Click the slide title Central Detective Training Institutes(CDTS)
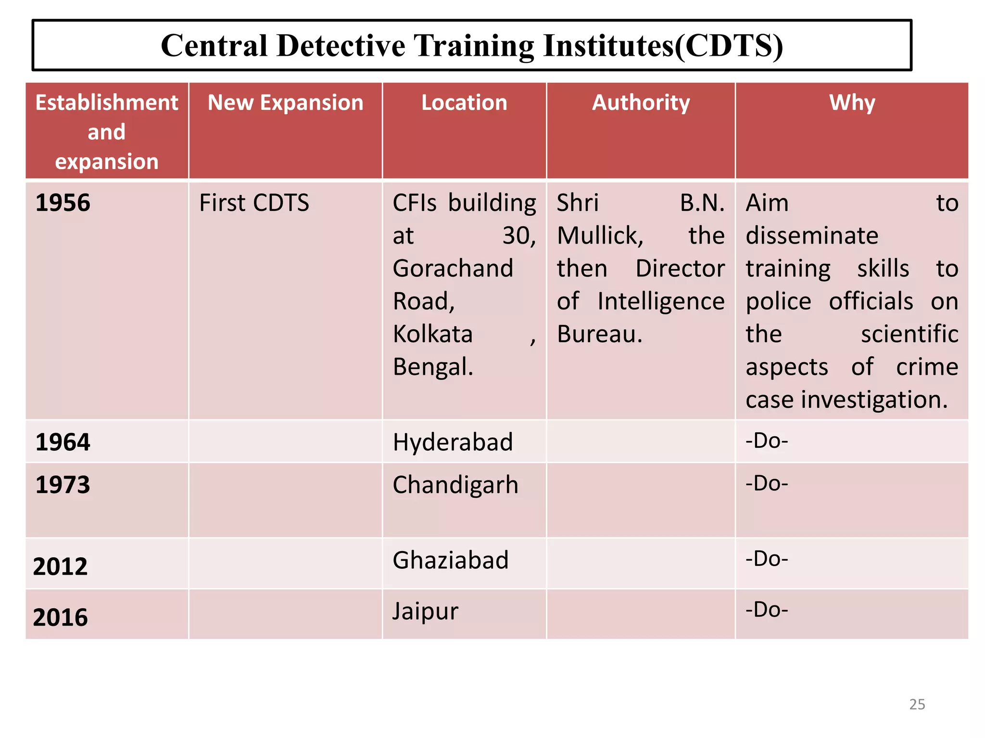(472, 46)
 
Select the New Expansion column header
(285, 103)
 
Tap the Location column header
(464, 103)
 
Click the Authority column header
(641, 103)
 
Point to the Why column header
(852, 103)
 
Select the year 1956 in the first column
(63, 203)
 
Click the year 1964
(63, 442)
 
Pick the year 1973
(63, 485)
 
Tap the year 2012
(61, 566)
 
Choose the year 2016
(61, 617)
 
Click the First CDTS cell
(254, 203)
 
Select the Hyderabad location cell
(453, 442)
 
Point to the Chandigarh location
(455, 485)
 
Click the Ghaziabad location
(451, 560)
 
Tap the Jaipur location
(425, 612)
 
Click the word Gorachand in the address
(453, 268)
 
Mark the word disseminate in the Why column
(812, 235)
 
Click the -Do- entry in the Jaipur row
(767, 610)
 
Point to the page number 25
(917, 704)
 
